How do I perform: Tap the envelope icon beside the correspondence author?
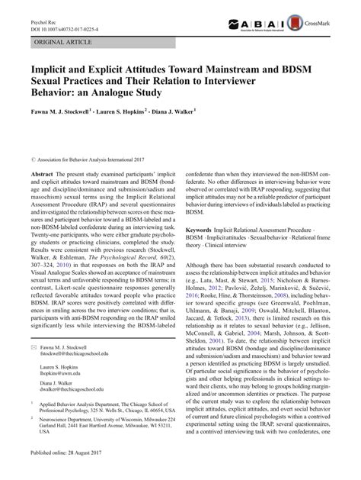point(24,347)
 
